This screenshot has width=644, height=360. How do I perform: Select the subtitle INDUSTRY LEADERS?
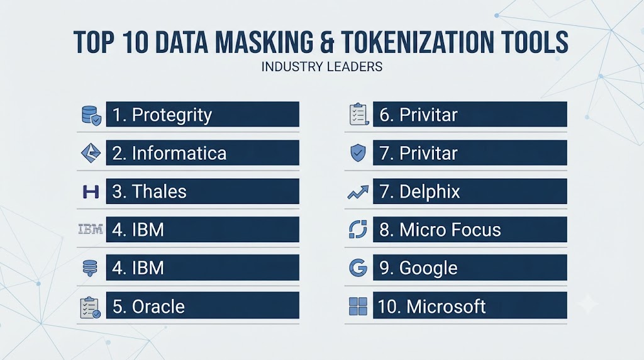pos(322,67)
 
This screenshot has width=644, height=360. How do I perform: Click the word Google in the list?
pos(428,268)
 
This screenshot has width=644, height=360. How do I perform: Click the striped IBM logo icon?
pos(91,229)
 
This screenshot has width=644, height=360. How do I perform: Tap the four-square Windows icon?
pos(358,306)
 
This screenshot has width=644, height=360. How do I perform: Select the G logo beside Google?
pos(358,268)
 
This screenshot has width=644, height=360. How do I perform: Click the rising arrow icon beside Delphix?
pos(358,192)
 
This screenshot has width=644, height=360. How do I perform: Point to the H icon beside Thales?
pos(91,191)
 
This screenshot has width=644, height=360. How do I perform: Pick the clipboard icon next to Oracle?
pos(90,307)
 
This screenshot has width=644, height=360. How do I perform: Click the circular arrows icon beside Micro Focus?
pos(358,229)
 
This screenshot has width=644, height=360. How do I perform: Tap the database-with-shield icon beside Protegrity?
pos(91,115)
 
